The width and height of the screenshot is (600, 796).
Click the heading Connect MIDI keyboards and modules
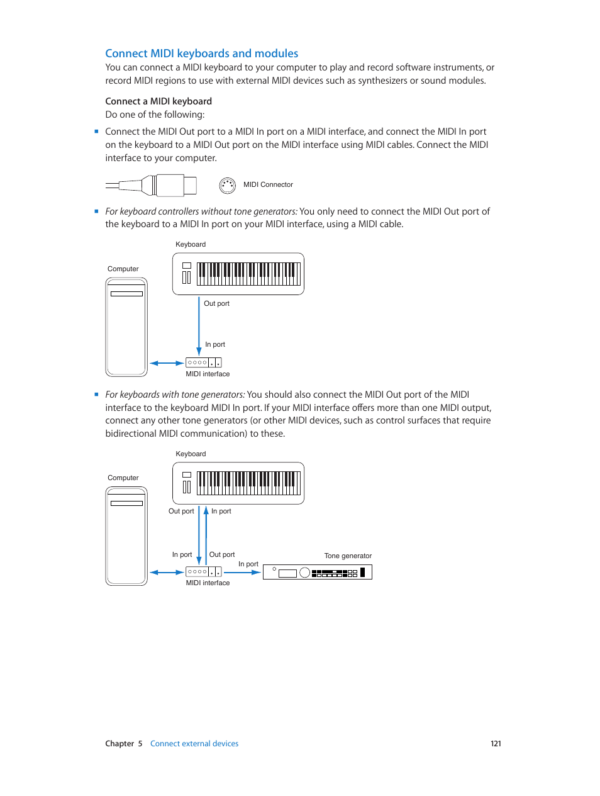tap(201, 53)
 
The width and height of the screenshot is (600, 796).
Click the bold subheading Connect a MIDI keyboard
tap(158, 101)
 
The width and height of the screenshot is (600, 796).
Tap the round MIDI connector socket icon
tap(227, 186)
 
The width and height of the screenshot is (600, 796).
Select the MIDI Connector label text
tap(268, 184)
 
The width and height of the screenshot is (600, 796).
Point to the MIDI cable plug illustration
tap(151, 185)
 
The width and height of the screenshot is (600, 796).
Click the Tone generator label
tap(348, 556)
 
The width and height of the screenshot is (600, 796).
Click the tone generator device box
tap(318, 572)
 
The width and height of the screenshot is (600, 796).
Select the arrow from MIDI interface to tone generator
tap(242, 573)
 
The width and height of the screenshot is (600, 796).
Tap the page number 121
tap(496, 743)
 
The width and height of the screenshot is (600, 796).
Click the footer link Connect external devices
tap(194, 743)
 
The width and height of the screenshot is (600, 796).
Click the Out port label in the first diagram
tap(216, 303)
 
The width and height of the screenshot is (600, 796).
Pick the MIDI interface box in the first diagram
tap(204, 362)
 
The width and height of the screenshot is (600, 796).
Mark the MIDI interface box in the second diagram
tap(204, 572)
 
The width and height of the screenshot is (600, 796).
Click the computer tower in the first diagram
tap(126, 327)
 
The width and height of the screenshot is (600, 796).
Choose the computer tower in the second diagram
tap(126, 536)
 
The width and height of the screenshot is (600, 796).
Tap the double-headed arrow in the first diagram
tap(167, 363)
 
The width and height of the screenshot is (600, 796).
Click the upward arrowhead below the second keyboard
tap(206, 510)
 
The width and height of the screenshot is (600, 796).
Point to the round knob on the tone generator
tap(305, 573)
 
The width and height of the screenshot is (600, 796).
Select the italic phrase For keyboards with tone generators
tap(175, 395)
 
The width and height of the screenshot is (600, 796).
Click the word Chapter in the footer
tap(119, 743)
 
